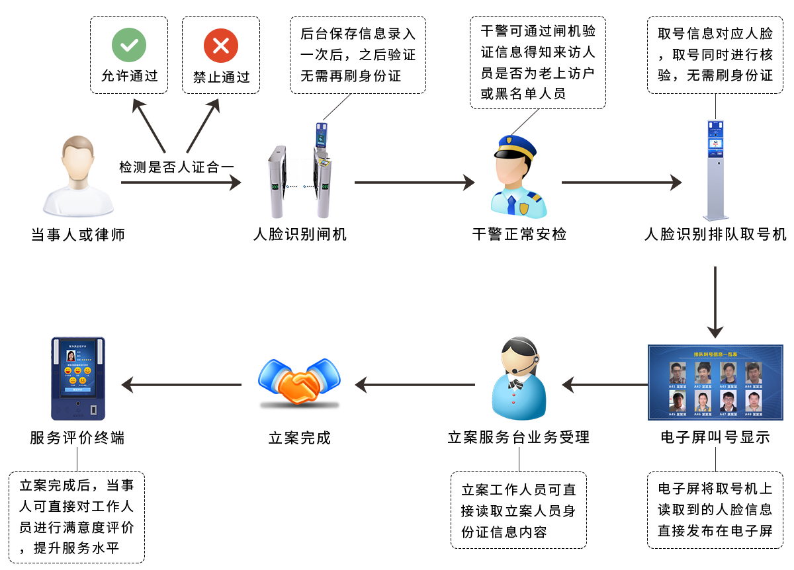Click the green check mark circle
129,46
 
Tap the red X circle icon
221,46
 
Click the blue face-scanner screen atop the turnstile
322,136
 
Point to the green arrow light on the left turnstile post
275,187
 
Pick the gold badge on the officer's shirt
524,209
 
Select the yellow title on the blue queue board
715,355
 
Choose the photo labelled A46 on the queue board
701,400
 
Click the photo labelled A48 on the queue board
753,400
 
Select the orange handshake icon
299,384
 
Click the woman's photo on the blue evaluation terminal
71,356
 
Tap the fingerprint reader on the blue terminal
93,411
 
